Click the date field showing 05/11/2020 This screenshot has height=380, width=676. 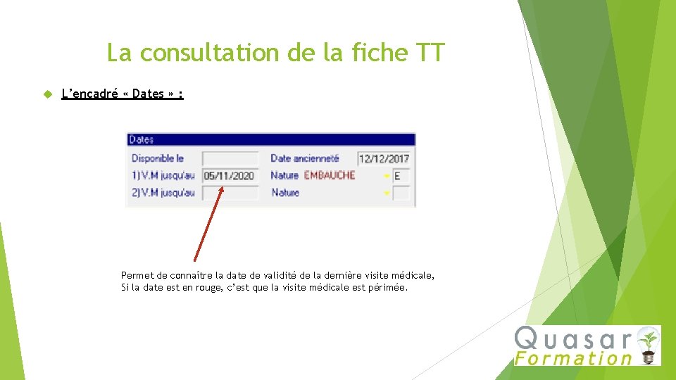[x=230, y=176]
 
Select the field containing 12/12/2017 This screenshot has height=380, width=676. [x=384, y=159]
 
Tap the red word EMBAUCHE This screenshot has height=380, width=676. [x=330, y=175]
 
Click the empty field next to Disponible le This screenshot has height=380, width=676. [x=230, y=159]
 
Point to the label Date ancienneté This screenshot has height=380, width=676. [x=305, y=159]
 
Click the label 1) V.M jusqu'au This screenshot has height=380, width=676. [x=163, y=175]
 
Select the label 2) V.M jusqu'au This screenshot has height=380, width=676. [x=163, y=192]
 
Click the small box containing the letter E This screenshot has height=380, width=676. [x=401, y=176]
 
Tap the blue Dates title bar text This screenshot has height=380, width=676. [x=142, y=140]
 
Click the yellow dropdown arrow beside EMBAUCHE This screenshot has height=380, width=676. [x=387, y=176]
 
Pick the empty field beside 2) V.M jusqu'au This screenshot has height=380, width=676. [x=230, y=193]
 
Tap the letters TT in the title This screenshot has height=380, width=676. [x=430, y=53]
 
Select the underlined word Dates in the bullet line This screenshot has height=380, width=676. [x=148, y=94]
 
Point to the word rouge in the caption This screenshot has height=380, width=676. [x=197, y=288]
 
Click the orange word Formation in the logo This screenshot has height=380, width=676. [x=573, y=358]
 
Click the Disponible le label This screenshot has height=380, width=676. [x=158, y=159]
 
